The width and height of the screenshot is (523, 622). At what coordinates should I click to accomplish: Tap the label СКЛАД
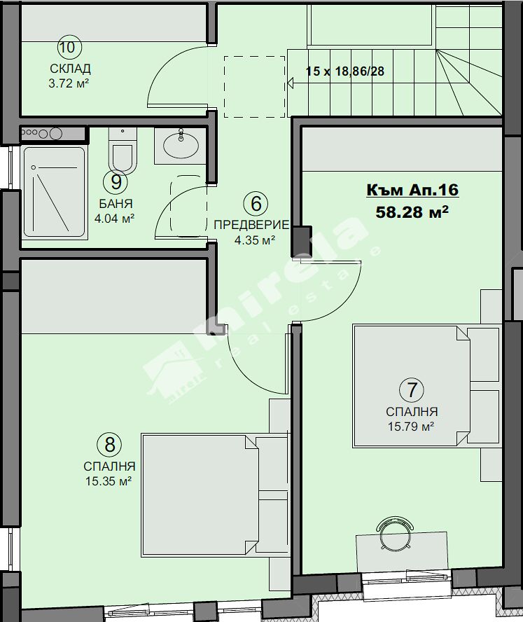click(x=70, y=69)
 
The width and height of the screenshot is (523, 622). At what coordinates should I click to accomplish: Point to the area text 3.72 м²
click(x=69, y=83)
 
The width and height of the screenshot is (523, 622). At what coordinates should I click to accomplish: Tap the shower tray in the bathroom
click(x=55, y=193)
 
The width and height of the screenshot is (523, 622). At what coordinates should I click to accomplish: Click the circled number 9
click(x=116, y=182)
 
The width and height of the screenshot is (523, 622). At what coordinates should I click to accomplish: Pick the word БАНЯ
click(x=116, y=204)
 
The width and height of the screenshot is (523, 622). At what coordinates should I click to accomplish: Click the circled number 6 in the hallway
click(x=256, y=204)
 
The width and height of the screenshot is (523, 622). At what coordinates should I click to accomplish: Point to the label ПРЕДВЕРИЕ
click(x=251, y=225)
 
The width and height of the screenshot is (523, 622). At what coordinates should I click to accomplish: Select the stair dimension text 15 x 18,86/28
click(x=345, y=71)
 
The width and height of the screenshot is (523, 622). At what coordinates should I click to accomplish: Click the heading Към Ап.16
click(x=412, y=190)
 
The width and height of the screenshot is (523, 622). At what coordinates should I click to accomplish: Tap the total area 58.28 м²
click(x=412, y=212)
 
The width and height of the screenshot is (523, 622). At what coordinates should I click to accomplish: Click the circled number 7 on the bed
click(x=412, y=389)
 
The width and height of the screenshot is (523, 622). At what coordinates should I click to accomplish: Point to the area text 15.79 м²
click(x=411, y=427)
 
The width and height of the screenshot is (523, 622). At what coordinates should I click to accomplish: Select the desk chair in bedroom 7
click(x=395, y=533)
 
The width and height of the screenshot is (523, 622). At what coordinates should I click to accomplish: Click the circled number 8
click(x=109, y=444)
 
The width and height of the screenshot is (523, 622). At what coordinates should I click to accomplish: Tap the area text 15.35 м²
click(x=109, y=481)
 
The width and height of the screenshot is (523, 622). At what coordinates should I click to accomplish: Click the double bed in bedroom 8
click(x=215, y=495)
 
